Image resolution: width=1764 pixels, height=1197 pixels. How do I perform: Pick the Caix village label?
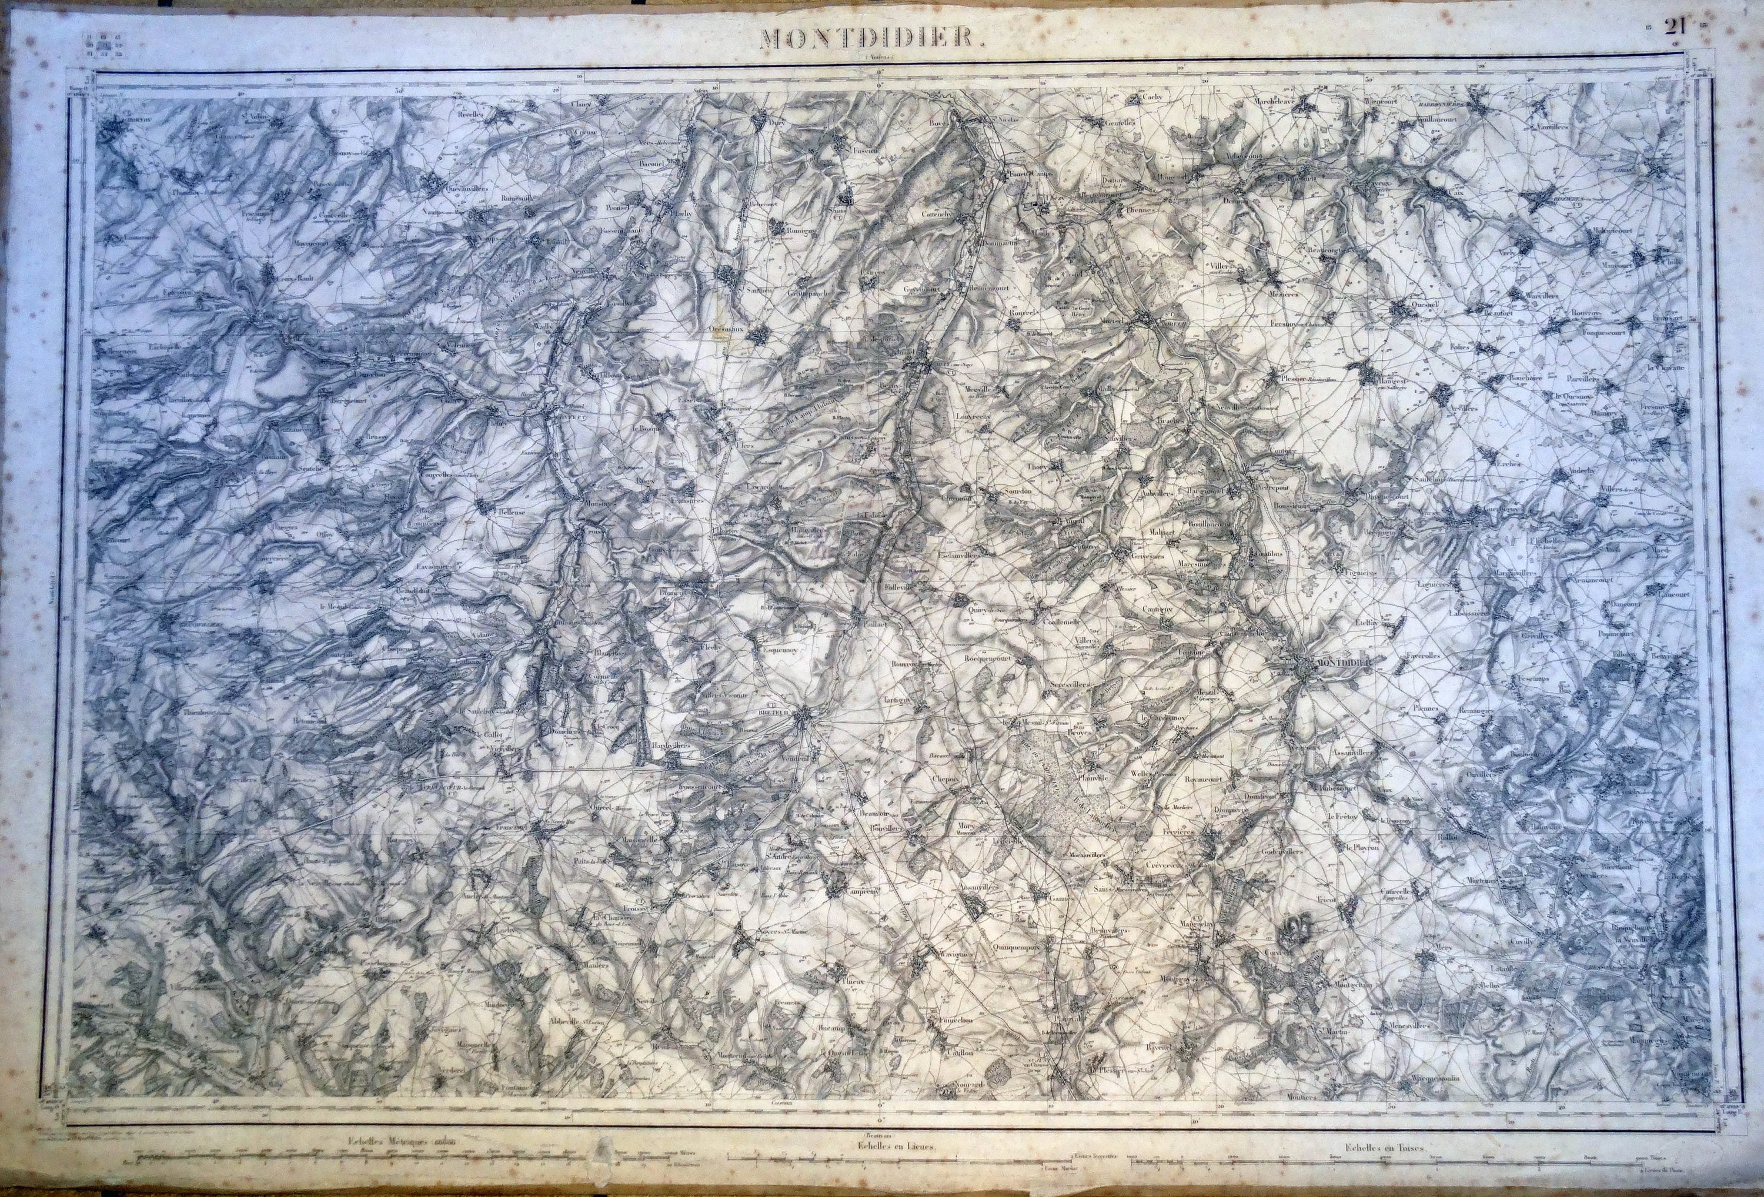pyautogui.click(x=1454, y=193)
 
